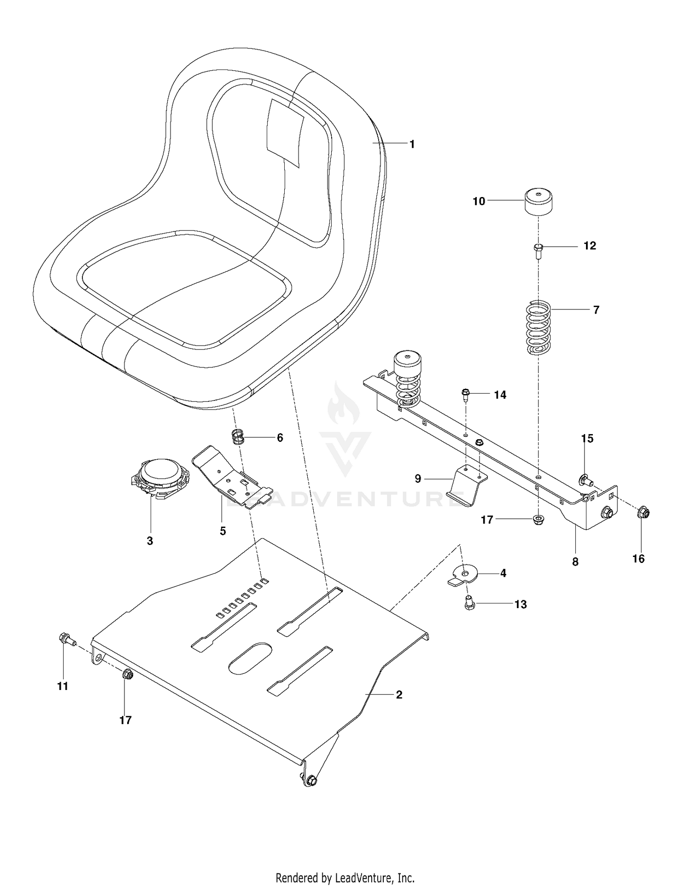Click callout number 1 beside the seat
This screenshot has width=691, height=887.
(412, 145)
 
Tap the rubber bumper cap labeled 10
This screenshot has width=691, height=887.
(539, 201)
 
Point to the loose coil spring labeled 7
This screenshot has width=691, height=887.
(539, 328)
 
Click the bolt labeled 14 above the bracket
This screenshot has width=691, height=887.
(465, 395)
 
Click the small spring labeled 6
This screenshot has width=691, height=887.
(237, 436)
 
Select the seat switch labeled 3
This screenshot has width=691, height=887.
(158, 479)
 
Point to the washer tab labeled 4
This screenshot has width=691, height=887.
(463, 576)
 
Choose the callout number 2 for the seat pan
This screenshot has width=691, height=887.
(399, 695)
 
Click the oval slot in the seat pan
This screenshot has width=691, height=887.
(251, 659)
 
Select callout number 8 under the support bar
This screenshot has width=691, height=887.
(575, 562)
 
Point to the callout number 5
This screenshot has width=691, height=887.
(223, 531)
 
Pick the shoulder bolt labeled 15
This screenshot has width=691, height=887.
(585, 481)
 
